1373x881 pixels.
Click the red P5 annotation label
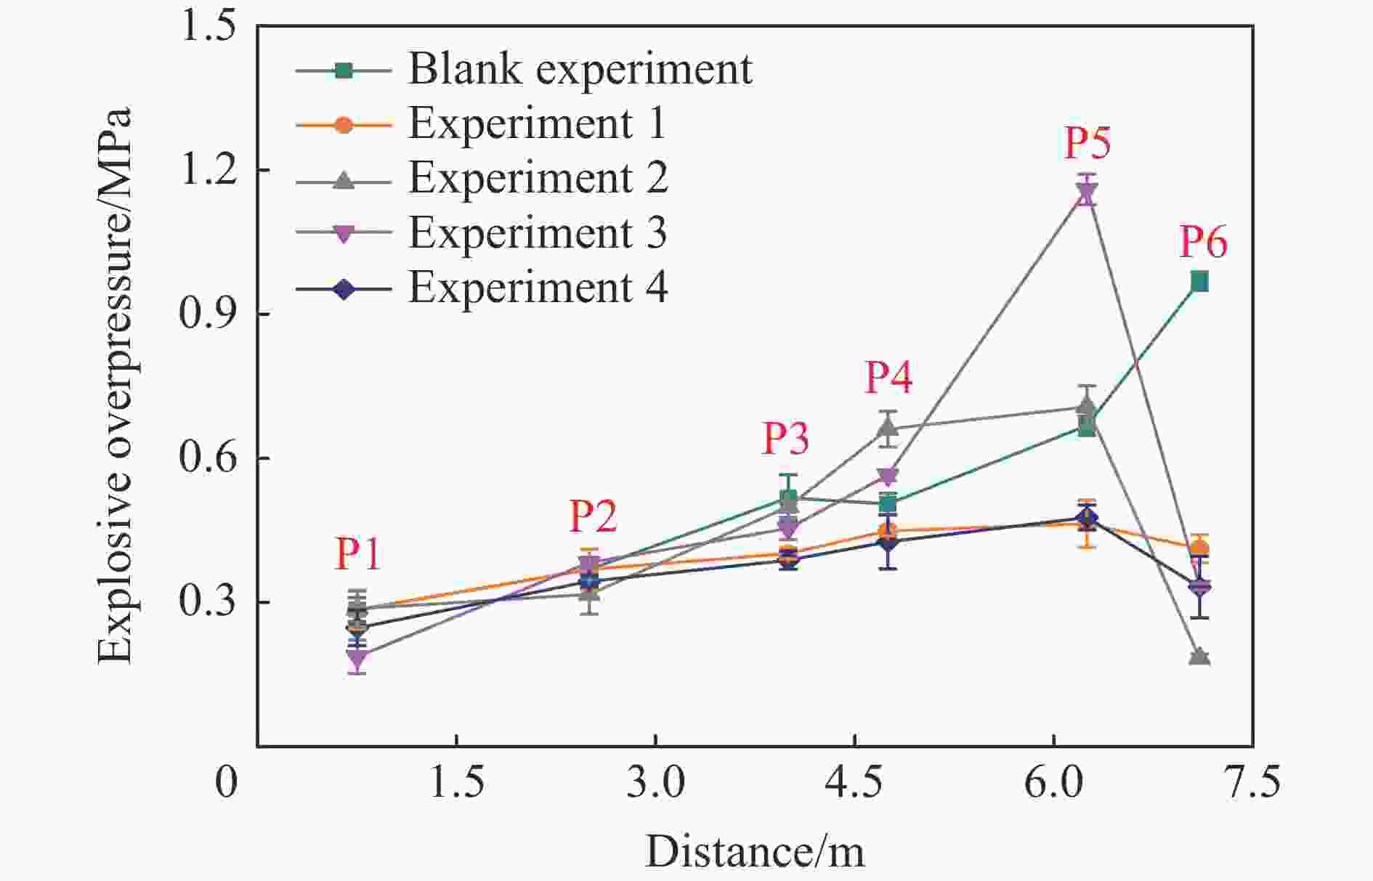click(1088, 142)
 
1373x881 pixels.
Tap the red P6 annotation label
click(1203, 242)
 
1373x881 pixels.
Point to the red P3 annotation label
click(785, 438)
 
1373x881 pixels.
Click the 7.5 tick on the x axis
click(1252, 783)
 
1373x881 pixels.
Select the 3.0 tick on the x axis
click(655, 783)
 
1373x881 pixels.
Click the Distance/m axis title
click(755, 851)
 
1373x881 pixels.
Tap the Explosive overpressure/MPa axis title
click(115, 385)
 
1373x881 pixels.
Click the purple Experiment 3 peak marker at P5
click(1087, 193)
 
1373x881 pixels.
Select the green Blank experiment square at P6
click(1199, 282)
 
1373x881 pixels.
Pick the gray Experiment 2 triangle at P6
click(1199, 657)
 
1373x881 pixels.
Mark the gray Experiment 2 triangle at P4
click(888, 429)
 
